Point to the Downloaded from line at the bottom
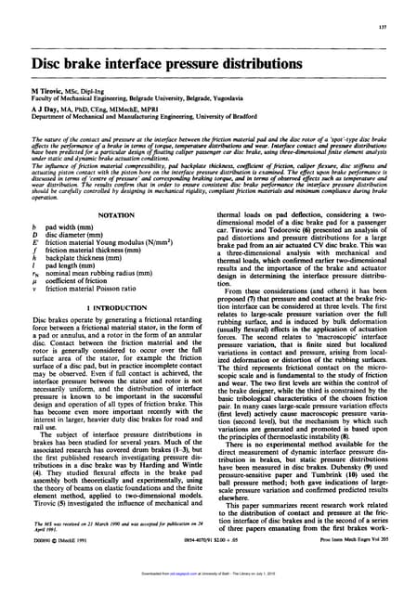207,586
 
